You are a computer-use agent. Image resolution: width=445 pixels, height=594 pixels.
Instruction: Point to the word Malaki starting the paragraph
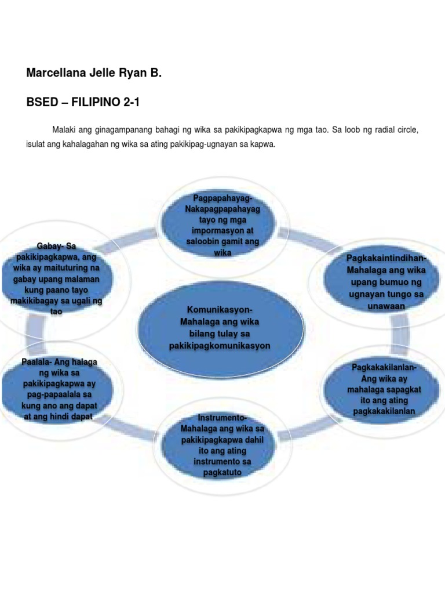pos(66,129)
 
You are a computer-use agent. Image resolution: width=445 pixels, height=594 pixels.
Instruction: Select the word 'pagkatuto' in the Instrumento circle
pos(222,473)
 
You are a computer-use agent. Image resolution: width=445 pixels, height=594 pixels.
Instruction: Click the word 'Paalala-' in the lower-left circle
pos(37,362)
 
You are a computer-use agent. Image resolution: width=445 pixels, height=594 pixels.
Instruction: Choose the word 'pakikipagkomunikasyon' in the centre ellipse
pos(220,345)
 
